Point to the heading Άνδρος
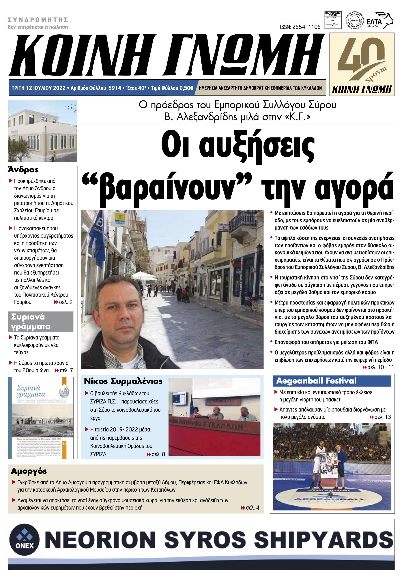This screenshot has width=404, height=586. click(x=23, y=170)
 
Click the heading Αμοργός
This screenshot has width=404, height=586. click(x=29, y=471)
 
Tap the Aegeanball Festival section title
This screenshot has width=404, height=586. click(x=316, y=381)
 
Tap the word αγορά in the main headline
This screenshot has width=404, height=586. click(x=355, y=187)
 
